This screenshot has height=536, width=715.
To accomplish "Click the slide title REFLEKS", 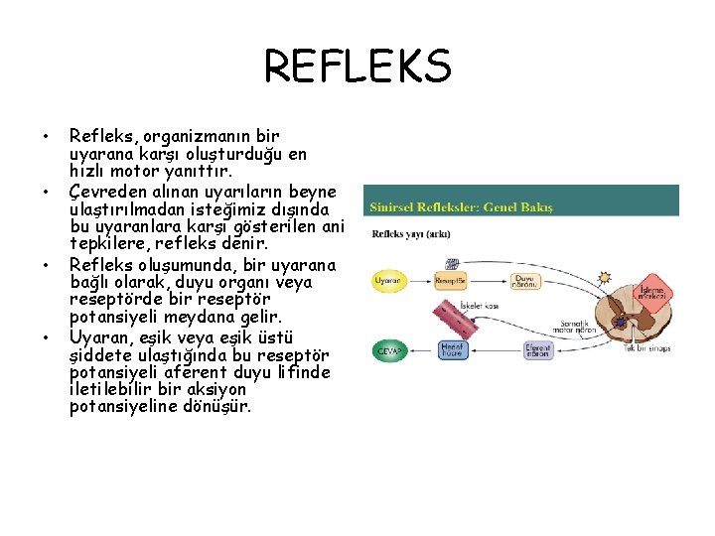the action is [x=357, y=68].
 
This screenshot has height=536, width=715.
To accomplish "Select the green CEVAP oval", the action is [x=386, y=350].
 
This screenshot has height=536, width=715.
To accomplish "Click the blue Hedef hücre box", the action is [x=453, y=349].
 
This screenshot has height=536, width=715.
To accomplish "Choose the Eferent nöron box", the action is [x=537, y=350].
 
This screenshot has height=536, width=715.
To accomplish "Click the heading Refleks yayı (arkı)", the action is [x=408, y=234].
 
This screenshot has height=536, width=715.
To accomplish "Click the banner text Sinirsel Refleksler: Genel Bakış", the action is [x=461, y=207].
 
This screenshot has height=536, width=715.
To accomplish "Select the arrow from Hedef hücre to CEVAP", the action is [x=419, y=350].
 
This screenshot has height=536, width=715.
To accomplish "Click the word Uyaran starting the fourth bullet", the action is [x=97, y=337].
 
